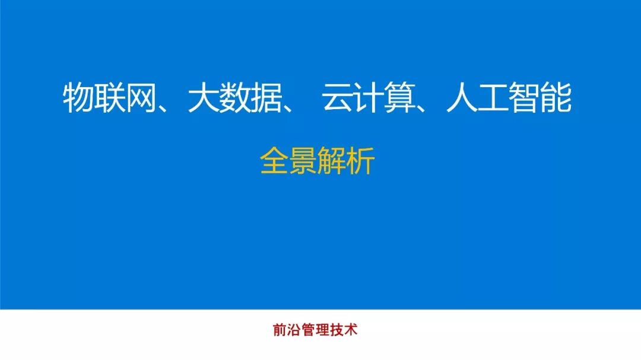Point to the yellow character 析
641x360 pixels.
point(360,161)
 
